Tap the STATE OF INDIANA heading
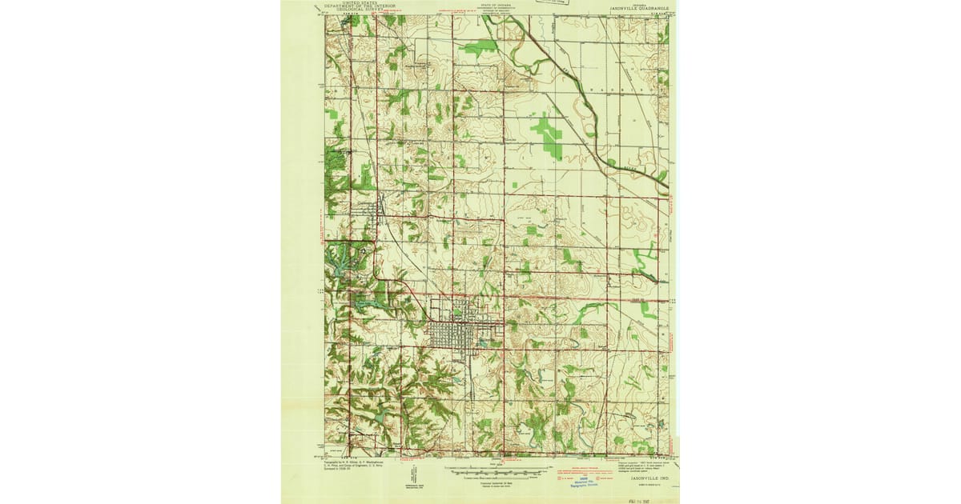(498, 4)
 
